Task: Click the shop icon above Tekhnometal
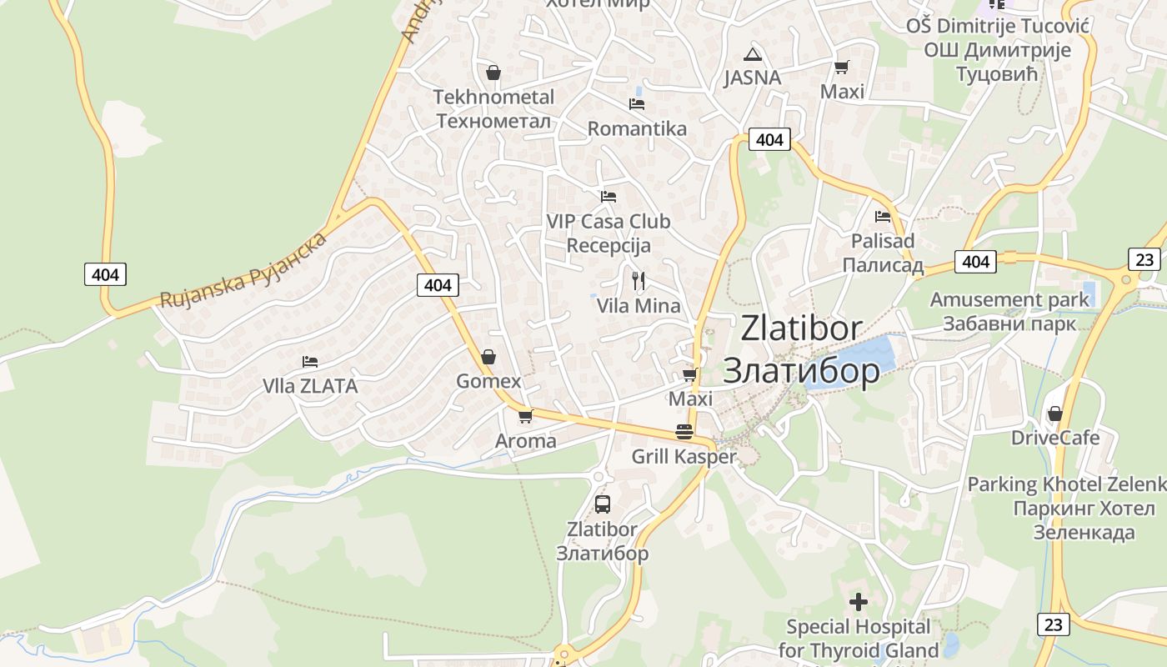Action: pos(493,73)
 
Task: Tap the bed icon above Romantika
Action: pos(637,104)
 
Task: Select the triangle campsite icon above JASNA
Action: pos(753,55)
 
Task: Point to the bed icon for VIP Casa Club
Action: pos(609,197)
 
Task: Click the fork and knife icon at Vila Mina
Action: pos(639,280)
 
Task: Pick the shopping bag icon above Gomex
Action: pos(488,357)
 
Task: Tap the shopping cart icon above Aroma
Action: pos(525,416)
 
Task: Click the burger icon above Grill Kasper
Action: pos(684,432)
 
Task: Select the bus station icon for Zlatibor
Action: pos(602,504)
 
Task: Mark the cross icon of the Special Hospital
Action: pos(859,601)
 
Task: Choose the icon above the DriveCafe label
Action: pos(1055,413)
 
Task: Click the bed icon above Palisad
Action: pos(883,217)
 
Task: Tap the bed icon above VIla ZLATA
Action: pos(310,362)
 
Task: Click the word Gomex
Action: pos(488,382)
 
